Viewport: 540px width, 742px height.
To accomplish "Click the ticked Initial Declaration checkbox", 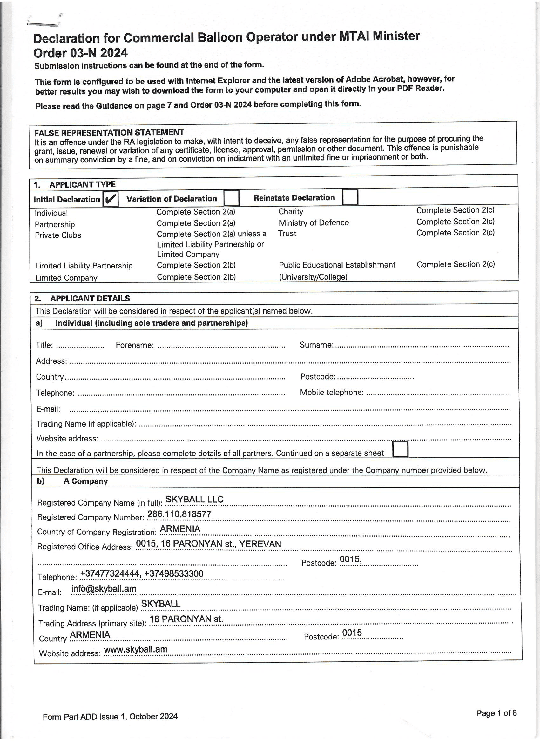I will (110, 199).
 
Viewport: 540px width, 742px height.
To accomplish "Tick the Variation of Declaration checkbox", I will (231, 198).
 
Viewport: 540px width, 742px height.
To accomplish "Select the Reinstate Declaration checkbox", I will (350, 197).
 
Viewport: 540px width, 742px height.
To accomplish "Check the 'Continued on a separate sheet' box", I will (400, 449).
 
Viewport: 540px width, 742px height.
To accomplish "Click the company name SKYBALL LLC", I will (194, 499).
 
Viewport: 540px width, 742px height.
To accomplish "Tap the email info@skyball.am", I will (104, 589).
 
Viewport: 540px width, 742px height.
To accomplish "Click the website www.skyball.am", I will (136, 649).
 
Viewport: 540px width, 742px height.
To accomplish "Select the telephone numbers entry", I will (141, 573).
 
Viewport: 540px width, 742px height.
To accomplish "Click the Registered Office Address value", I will (208, 544).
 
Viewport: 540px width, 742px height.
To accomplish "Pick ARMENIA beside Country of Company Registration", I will (180, 529).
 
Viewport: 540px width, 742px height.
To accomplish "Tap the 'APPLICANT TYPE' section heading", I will (82, 184).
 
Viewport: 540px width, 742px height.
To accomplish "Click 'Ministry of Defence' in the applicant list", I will (314, 223).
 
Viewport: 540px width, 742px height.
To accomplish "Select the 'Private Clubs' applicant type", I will (58, 235).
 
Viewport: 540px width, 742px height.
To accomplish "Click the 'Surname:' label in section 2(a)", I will (316, 345).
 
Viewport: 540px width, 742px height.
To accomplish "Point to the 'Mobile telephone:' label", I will (331, 392).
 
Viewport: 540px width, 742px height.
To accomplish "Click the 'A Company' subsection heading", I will (85, 481).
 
